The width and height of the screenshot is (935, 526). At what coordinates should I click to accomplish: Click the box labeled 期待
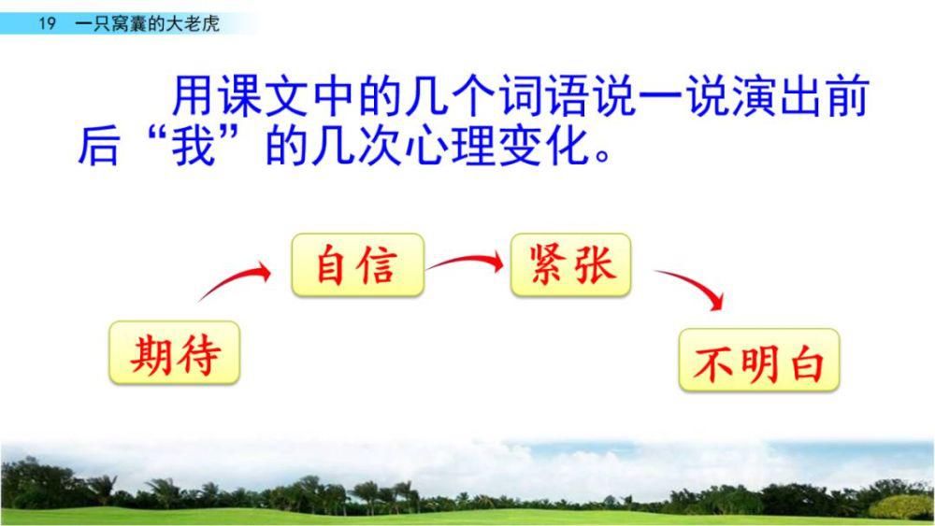click(175, 352)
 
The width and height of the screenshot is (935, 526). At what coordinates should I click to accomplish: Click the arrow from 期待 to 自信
click(234, 282)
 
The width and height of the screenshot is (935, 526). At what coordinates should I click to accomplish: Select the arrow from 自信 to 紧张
click(465, 263)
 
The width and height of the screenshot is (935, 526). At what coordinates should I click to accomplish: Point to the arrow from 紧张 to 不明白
click(692, 287)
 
